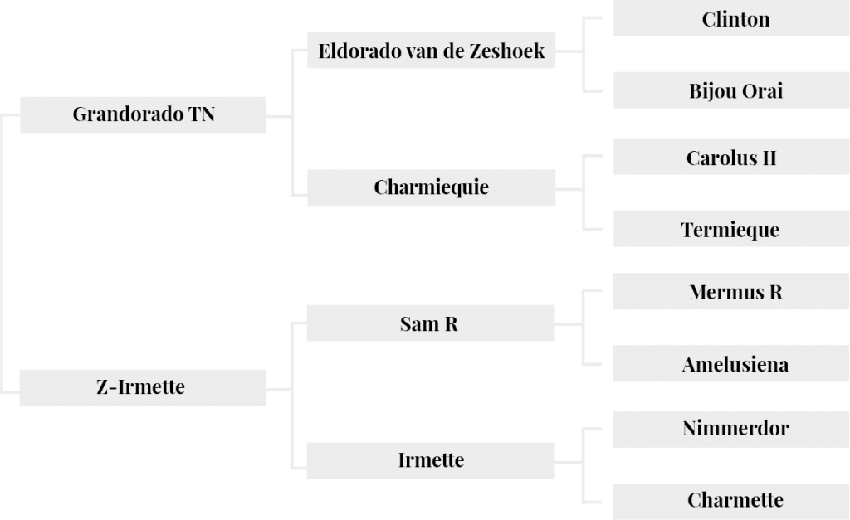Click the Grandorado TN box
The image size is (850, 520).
(x=143, y=114)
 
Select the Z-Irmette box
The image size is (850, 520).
(x=143, y=388)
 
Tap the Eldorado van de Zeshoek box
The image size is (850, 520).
(x=431, y=51)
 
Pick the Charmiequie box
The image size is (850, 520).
(x=431, y=187)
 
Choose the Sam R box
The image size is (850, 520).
(x=431, y=323)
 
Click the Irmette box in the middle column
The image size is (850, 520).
(x=431, y=460)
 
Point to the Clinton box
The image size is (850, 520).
(x=731, y=18)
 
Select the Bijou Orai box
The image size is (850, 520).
(x=731, y=90)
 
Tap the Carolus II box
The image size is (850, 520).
(x=731, y=157)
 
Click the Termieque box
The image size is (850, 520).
(x=731, y=229)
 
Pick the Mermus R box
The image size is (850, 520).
(x=731, y=291)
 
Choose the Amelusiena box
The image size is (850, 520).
(x=731, y=363)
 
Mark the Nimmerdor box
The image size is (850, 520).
(x=731, y=430)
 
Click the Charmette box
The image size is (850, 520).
(x=731, y=502)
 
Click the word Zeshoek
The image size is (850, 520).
(x=507, y=51)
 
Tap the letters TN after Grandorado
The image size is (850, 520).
(x=202, y=114)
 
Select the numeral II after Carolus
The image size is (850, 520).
(x=769, y=158)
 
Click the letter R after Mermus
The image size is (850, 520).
(x=776, y=293)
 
